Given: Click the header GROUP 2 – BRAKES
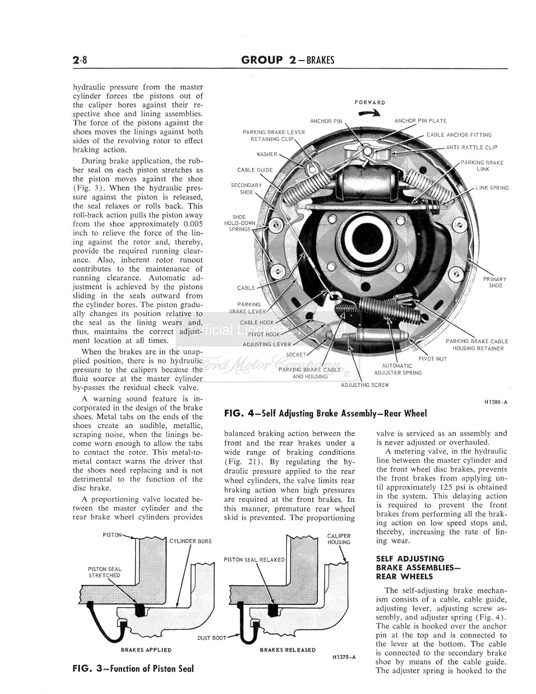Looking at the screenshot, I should [288, 60].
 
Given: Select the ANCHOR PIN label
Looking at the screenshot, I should [326, 121].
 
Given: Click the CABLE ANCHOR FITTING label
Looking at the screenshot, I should [459, 135].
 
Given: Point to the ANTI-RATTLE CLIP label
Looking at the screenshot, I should [471, 148].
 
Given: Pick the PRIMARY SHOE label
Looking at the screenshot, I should [494, 282].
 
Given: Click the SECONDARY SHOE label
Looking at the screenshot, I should [246, 188].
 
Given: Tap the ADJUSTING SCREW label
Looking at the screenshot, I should [364, 385].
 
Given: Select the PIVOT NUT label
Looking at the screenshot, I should [432, 359].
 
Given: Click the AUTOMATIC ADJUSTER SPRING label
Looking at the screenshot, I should [398, 369].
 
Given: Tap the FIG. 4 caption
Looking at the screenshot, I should [325, 414].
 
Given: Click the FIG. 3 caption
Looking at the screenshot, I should [133, 669].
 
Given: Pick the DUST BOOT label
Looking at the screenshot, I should [212, 638].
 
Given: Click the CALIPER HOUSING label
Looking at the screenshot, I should [339, 539].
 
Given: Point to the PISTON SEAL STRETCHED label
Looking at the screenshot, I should [105, 572].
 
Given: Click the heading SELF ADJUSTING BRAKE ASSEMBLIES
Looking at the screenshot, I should [410, 568].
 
